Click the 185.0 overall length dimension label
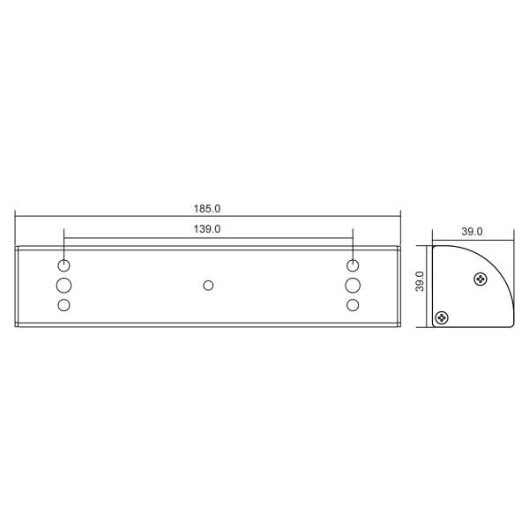[207, 209]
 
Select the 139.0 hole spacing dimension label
[207, 228]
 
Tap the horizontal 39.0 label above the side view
[472, 232]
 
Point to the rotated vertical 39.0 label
[421, 285]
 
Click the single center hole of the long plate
[208, 285]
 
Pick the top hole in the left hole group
[63, 265]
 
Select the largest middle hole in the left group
[63, 285]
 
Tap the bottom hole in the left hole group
[63, 304]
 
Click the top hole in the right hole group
[353, 265]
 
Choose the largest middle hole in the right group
[353, 285]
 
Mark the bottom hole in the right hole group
[353, 304]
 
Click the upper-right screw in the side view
[479, 280]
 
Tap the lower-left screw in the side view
[442, 317]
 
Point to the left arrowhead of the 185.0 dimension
[19, 216]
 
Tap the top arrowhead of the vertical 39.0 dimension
[429, 248]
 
